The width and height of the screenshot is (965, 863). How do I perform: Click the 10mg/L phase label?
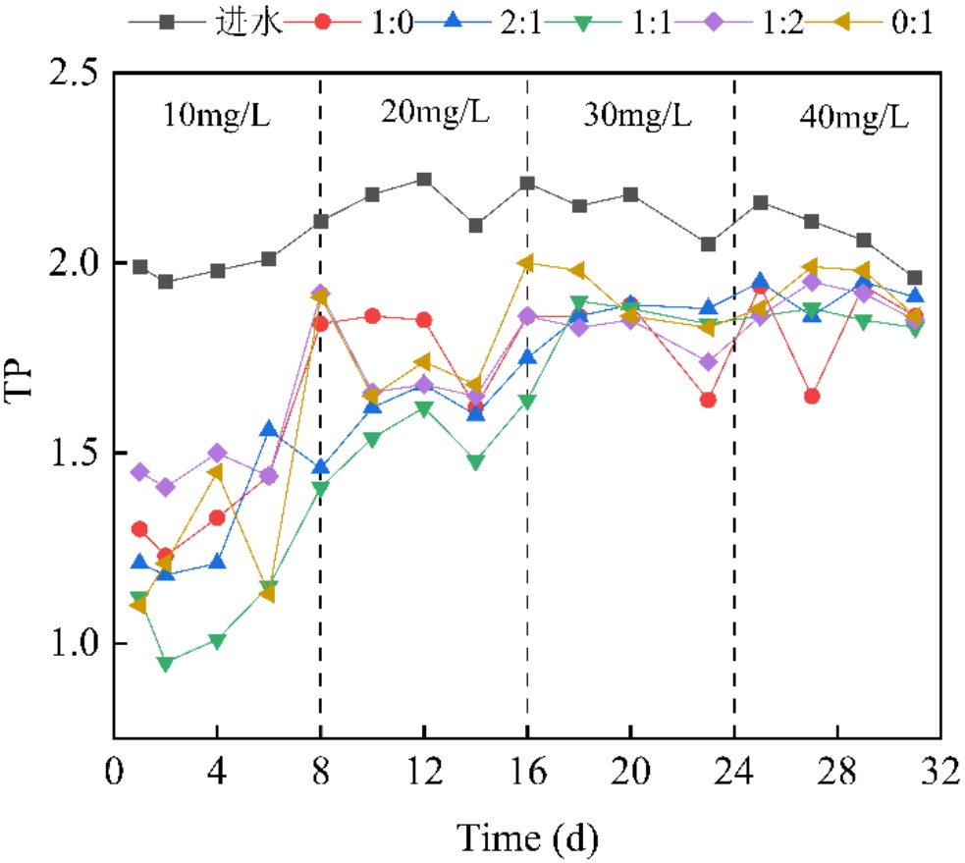tap(216, 117)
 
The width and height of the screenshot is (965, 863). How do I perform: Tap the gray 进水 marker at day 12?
tap(424, 179)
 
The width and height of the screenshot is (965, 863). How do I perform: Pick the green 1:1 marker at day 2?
tap(166, 663)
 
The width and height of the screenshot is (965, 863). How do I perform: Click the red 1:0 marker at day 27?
tap(812, 396)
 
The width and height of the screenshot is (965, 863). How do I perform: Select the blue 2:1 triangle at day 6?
tap(269, 429)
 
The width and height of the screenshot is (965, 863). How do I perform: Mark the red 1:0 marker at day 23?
tap(708, 400)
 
